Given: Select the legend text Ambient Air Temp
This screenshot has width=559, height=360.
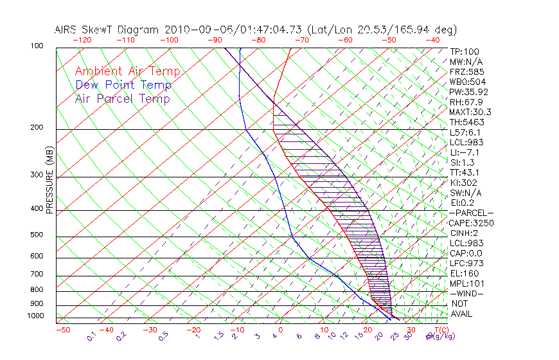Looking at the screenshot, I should [127, 71].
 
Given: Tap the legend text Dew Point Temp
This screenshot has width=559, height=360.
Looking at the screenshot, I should [123, 85].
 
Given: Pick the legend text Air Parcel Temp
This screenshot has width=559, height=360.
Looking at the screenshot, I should [123, 98].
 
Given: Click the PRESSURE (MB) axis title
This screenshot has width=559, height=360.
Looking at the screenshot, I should [49, 183].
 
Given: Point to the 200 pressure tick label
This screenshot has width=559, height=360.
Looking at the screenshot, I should [37, 127].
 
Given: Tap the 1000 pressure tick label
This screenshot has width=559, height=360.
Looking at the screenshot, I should [35, 316].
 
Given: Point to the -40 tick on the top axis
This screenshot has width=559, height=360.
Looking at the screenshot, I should [432, 40].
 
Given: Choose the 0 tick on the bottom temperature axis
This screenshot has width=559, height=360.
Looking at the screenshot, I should [281, 330].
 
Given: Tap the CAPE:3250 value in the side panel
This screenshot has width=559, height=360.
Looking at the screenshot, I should [472, 223].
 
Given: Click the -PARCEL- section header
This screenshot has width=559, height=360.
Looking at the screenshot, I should [472, 213].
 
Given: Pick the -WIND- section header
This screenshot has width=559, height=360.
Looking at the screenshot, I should [467, 293].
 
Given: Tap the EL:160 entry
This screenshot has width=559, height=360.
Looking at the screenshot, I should [464, 273].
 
